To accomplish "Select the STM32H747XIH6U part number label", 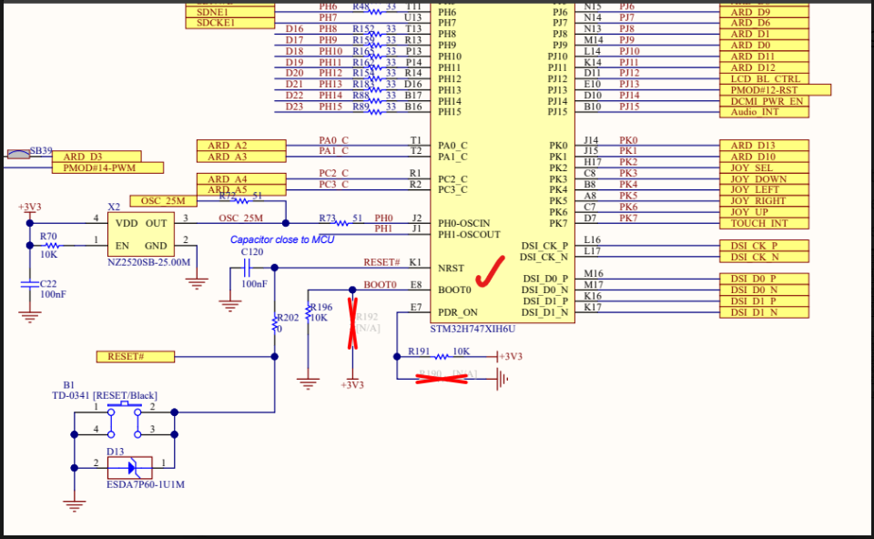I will [x=473, y=329].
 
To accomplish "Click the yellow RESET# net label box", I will [x=135, y=356].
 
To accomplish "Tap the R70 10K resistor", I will [x=51, y=245].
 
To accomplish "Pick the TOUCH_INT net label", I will [x=763, y=223].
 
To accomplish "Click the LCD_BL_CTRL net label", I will [x=763, y=79].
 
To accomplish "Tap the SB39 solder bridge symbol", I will [x=19, y=155].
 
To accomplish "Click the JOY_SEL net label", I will [x=763, y=168].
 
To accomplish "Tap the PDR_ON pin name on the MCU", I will [x=457, y=311].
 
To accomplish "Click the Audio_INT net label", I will [x=763, y=112].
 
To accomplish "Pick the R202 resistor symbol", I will [x=275, y=322].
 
